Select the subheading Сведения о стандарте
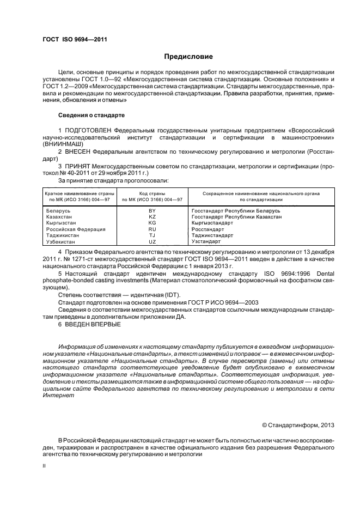pos(91,116)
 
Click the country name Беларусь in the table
pos(58,210)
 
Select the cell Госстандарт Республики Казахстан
pos(237,217)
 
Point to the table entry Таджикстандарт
pos(212,235)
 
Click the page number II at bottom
pos(45,466)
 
